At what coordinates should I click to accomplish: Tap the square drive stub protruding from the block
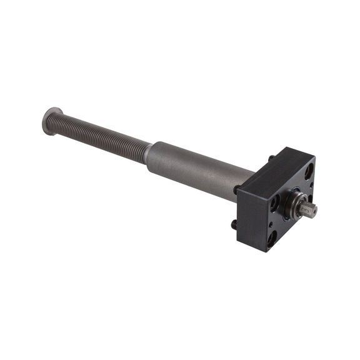pyautogui.click(x=307, y=209)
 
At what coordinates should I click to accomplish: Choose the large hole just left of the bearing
pyautogui.click(x=275, y=201)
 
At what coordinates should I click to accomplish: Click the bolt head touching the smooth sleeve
pyautogui.click(x=237, y=189)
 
